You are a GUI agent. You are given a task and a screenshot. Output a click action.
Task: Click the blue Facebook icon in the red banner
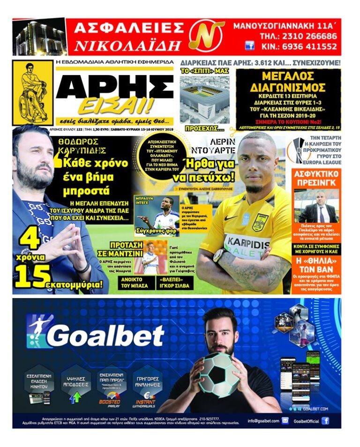[x=250, y=46]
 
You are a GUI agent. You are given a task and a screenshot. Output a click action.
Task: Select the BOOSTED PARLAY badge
[x=110, y=402]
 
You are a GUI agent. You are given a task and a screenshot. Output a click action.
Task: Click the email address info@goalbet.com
[x=263, y=420]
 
